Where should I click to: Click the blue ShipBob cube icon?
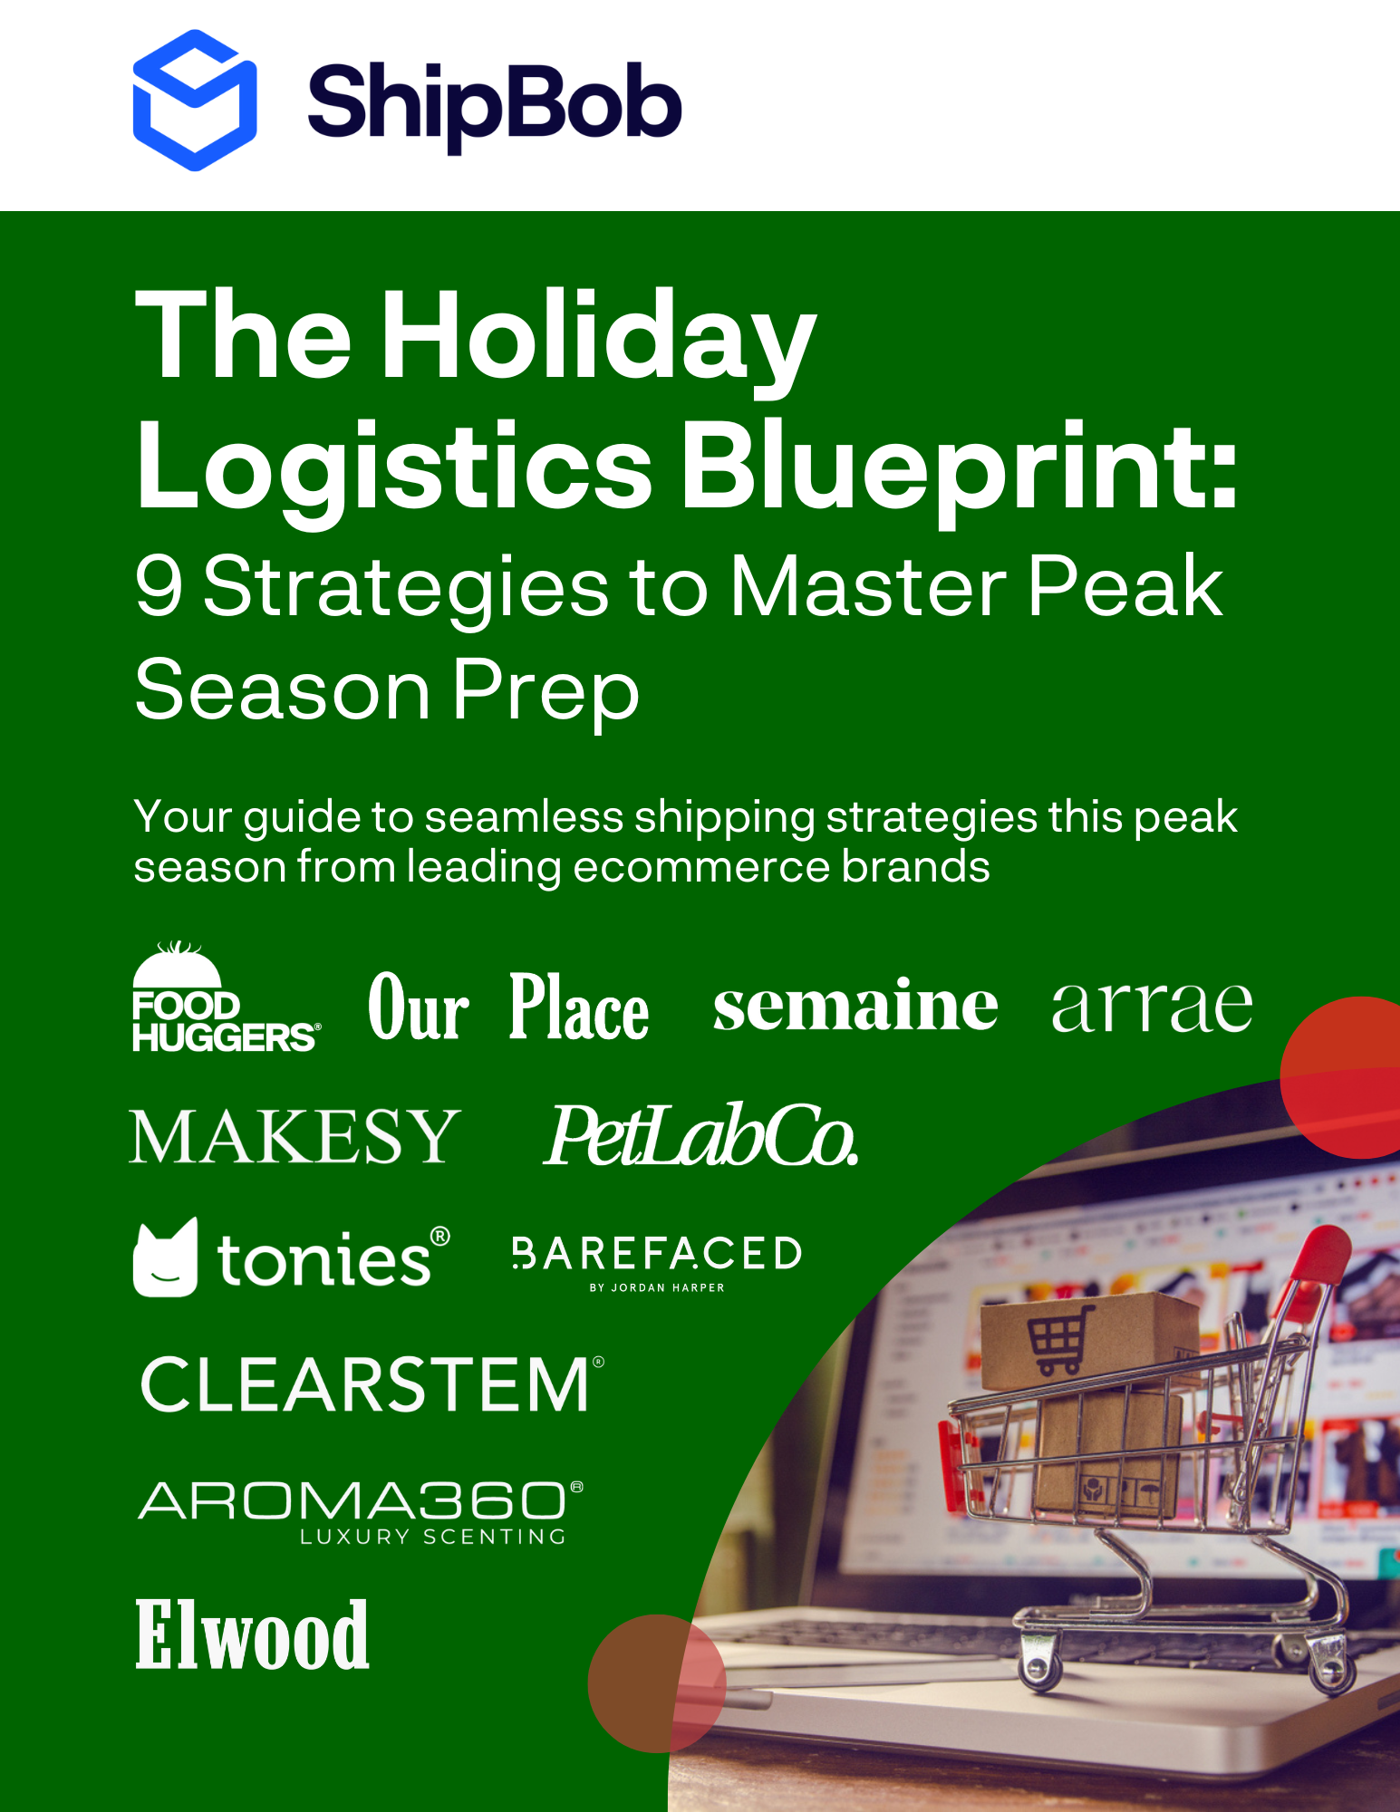coord(195,101)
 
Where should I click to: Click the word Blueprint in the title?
coord(959,469)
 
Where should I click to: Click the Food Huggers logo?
coord(226,997)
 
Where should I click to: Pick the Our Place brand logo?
coord(508,1007)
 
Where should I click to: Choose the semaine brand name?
coord(855,1005)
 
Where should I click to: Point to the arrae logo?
coord(1152,1007)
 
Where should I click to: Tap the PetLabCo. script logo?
coord(700,1135)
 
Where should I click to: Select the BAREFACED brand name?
coord(657,1254)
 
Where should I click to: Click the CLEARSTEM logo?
coord(372,1384)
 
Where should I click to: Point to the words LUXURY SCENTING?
coord(433,1537)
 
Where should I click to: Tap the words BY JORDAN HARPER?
coord(657,1287)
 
